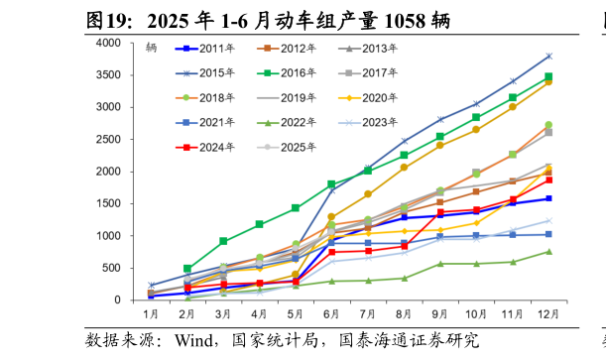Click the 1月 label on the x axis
point(151,314)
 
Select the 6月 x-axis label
point(331,314)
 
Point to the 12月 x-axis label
point(547,314)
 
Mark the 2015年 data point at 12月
point(548,57)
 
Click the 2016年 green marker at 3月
point(223,241)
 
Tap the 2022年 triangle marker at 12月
point(548,252)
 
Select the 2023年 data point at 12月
point(548,221)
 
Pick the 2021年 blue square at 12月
point(548,234)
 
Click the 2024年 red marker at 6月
point(331,252)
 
